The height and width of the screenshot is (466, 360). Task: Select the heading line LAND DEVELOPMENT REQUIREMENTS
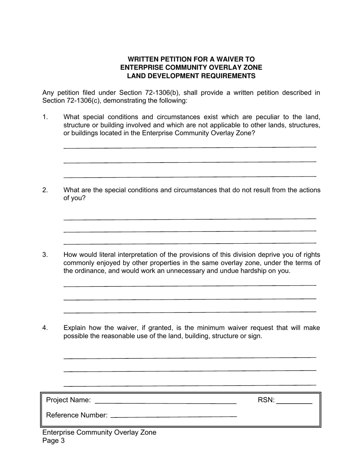[x=191, y=76]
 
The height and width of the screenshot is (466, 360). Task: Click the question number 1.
[x=45, y=117]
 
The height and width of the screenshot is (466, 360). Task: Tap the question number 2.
[x=45, y=190]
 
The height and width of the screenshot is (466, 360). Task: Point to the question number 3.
[x=45, y=255]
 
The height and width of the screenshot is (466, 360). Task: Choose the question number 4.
[x=45, y=328]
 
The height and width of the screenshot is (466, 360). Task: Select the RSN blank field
[x=294, y=400]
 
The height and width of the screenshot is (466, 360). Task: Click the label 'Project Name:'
[x=68, y=400]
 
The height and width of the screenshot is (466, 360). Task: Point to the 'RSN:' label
[x=266, y=400]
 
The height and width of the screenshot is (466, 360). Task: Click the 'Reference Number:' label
[x=77, y=415]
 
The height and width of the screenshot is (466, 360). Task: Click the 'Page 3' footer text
[x=53, y=441]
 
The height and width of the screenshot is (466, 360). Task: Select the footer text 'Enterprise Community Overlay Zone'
[x=99, y=432]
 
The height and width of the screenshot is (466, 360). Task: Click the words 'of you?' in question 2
[x=75, y=198]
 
